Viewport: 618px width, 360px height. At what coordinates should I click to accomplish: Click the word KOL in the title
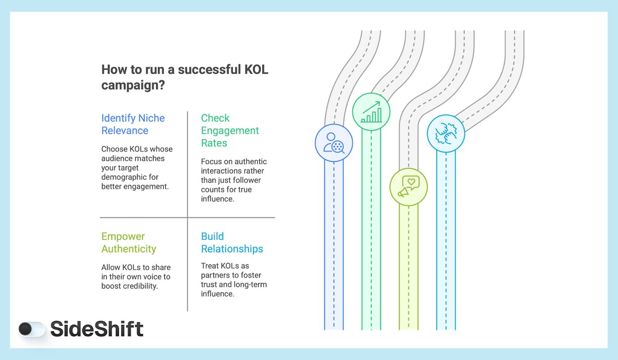(x=256, y=70)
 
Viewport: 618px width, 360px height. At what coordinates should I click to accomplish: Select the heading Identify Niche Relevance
(x=133, y=124)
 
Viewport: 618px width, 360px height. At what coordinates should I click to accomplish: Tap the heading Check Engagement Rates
(x=230, y=131)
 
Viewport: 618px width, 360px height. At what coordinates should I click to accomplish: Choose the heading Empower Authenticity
(x=128, y=243)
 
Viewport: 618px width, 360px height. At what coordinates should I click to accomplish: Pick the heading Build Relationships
(x=232, y=243)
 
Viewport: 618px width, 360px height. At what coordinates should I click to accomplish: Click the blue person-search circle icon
(x=334, y=142)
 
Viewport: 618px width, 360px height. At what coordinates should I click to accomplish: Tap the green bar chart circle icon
(x=371, y=112)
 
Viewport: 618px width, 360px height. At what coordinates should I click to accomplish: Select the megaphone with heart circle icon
(x=408, y=187)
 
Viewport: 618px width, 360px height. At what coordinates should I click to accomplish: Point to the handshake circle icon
(x=446, y=133)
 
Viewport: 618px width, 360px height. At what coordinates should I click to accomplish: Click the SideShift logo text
(x=97, y=329)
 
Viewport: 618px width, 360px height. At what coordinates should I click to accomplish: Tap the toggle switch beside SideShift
(x=32, y=329)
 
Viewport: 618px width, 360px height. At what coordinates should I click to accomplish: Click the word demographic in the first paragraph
(x=124, y=177)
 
